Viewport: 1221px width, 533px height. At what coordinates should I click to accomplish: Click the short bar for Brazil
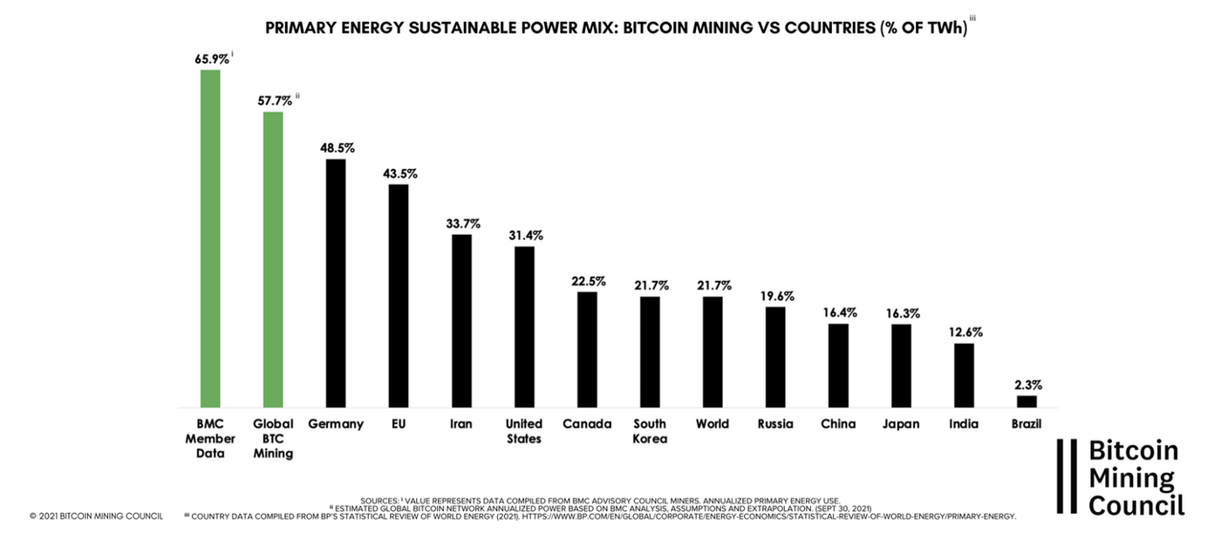pos(1027,401)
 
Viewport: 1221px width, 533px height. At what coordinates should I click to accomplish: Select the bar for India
pos(964,375)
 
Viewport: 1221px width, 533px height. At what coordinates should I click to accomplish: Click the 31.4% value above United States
pos(525,236)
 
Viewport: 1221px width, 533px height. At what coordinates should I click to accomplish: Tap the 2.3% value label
pos(1027,385)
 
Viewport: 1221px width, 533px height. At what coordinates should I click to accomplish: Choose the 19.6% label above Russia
pos(776,295)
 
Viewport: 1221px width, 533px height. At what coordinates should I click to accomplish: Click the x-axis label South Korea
pos(650,431)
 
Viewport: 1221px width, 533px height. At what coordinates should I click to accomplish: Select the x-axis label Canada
pos(587,424)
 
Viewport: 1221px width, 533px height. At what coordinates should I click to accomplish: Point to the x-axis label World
pos(713,424)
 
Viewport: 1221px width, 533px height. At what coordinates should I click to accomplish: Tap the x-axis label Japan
pos(901,424)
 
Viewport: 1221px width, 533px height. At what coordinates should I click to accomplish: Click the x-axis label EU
pos(399,424)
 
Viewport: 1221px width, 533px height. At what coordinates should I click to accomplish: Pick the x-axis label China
pos(838,424)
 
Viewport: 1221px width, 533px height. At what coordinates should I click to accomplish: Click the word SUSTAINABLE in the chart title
pos(464,27)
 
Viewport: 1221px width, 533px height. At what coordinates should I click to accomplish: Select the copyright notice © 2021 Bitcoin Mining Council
pos(95,516)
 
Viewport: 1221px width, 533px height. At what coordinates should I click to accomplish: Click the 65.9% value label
pos(212,59)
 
